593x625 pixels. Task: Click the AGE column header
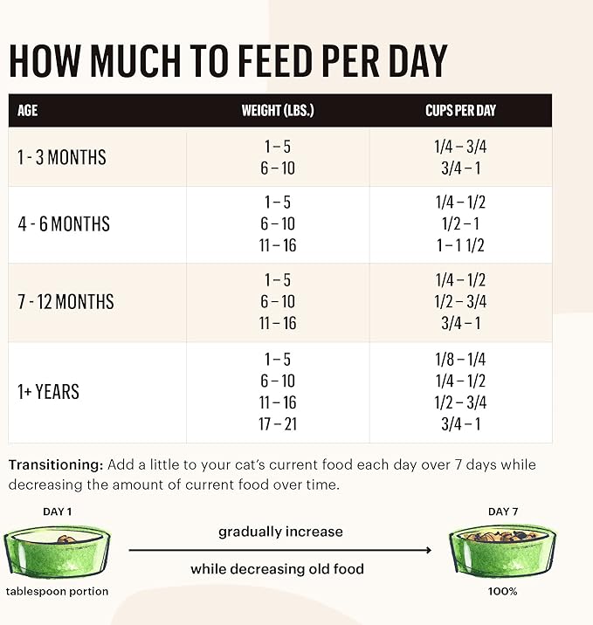(x=28, y=111)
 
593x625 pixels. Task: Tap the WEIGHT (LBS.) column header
(x=278, y=111)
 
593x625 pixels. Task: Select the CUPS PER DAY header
(x=460, y=111)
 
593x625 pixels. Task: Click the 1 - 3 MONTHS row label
(x=62, y=157)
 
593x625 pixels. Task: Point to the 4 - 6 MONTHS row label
(x=64, y=224)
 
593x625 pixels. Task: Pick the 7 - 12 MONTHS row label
(x=66, y=302)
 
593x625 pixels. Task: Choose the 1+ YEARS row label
(x=49, y=392)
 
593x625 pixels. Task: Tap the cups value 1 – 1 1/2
(x=460, y=245)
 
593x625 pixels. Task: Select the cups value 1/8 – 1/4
(x=460, y=359)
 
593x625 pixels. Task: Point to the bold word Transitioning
(x=56, y=464)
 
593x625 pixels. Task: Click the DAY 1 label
(x=58, y=512)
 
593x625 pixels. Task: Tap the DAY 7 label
(x=502, y=512)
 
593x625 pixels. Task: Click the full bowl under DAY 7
(x=502, y=551)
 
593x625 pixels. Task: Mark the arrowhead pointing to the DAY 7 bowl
(x=428, y=550)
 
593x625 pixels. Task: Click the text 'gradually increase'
(x=280, y=532)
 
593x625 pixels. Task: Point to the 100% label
(x=502, y=591)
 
